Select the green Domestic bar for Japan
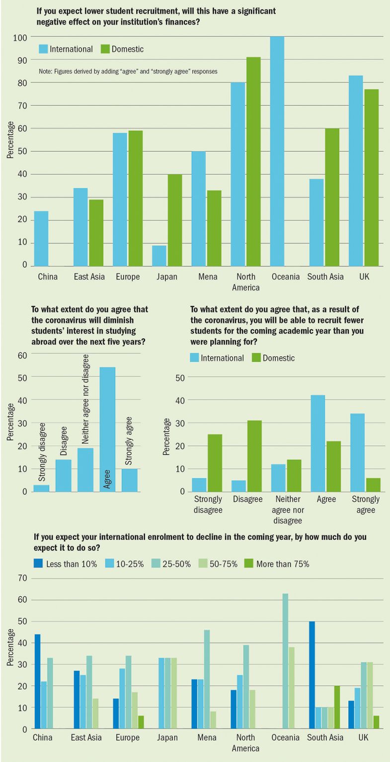coord(175,219)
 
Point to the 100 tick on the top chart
coord(20,37)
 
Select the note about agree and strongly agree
coord(128,72)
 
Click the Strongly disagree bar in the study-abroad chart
coord(41,488)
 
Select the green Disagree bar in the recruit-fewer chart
coord(254,456)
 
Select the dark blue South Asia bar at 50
coord(311,675)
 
